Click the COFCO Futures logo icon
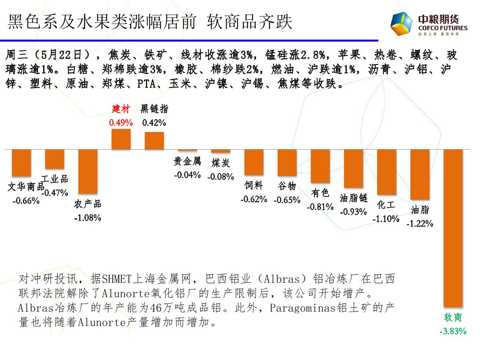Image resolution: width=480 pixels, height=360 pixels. (402, 24)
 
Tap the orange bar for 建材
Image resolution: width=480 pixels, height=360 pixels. (121, 139)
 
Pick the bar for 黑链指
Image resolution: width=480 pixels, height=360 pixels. (154, 140)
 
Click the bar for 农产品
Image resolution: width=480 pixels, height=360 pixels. (88, 171)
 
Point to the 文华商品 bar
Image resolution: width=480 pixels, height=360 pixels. (22, 162)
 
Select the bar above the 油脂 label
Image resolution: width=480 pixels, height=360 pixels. (420, 174)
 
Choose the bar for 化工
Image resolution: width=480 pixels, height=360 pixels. (387, 172)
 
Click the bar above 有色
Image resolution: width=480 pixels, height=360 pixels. (320, 166)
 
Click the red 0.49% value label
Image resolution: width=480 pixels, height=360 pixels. (120, 123)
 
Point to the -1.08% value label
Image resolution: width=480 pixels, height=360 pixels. (88, 218)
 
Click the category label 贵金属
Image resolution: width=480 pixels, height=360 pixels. (187, 161)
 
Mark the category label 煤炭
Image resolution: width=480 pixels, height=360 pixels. (221, 163)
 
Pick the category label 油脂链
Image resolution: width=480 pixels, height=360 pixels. (354, 198)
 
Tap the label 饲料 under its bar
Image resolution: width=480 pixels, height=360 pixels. (254, 185)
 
